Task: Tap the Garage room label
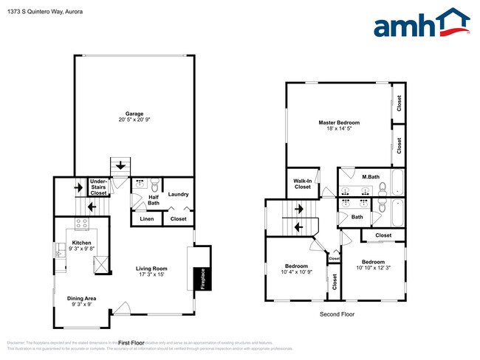[x=134, y=114]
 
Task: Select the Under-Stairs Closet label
[x=98, y=187]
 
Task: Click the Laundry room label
[x=178, y=194]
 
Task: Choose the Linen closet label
[x=145, y=219]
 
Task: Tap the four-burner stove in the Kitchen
[x=81, y=224]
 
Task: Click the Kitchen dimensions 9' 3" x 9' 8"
[x=81, y=249]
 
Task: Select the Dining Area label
[x=81, y=298]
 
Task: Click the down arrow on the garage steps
[x=119, y=164]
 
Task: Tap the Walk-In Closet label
[x=302, y=184]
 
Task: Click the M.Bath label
[x=370, y=177]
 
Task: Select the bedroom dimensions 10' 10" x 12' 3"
[x=373, y=268]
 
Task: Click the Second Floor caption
[x=337, y=314]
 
